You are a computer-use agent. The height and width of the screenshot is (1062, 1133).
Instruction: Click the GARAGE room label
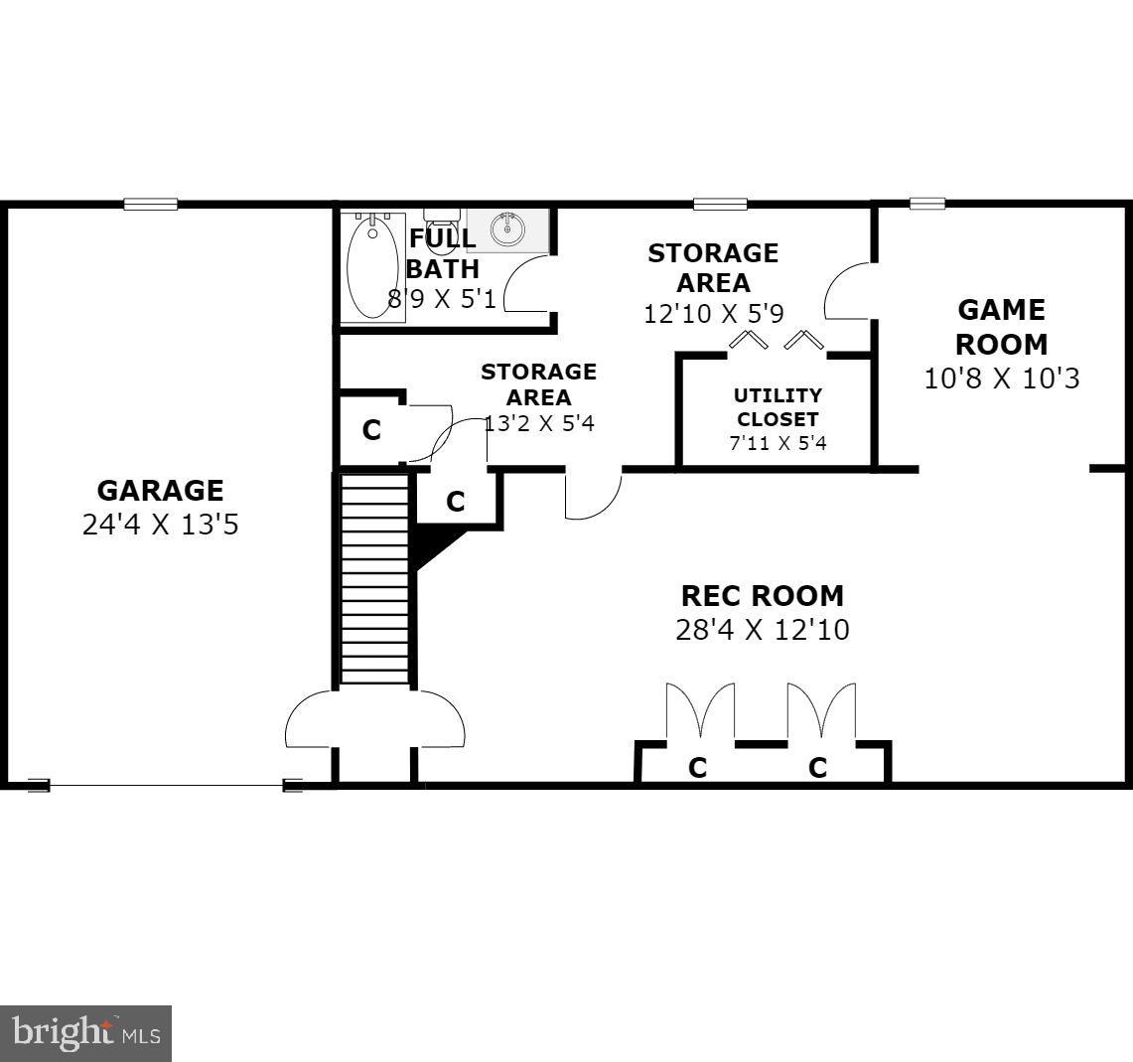click(x=160, y=491)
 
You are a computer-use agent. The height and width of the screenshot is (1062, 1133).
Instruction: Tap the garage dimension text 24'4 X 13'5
click(x=160, y=525)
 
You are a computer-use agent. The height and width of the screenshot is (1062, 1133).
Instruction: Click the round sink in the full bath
click(x=509, y=229)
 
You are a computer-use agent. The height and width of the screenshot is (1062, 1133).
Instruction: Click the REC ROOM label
click(x=762, y=596)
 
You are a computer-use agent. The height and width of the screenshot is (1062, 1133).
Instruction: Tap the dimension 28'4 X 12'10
click(x=762, y=630)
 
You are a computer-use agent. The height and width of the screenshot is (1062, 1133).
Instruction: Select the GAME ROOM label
click(x=1001, y=327)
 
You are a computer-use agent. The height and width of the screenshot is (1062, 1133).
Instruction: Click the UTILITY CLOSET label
click(x=778, y=407)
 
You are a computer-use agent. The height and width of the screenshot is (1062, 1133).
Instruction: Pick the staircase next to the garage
click(x=374, y=579)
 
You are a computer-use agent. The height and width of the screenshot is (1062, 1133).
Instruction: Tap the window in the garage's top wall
click(x=151, y=205)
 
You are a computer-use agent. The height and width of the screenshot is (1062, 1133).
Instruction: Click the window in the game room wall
click(x=926, y=205)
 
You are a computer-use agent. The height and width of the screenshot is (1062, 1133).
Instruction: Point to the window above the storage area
click(x=720, y=205)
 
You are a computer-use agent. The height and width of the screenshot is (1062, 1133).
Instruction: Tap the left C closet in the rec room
click(x=698, y=767)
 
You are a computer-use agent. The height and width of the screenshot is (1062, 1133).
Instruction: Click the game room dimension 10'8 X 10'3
click(x=1001, y=379)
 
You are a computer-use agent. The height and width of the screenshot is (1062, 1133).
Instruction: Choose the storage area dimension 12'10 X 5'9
click(x=713, y=314)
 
